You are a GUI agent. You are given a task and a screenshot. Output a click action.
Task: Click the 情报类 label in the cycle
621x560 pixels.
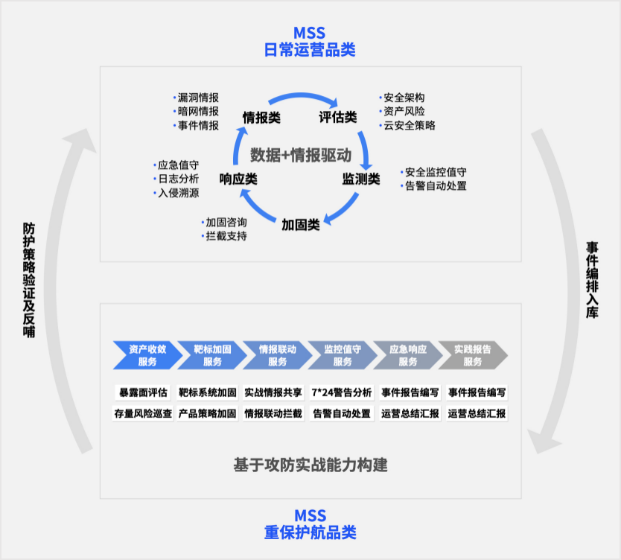point(261,118)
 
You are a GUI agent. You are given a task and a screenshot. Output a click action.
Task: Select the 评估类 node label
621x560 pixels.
point(338,118)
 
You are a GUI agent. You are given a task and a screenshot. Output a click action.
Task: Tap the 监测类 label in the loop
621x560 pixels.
point(361,179)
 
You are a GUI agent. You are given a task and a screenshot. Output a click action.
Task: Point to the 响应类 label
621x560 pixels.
point(238,179)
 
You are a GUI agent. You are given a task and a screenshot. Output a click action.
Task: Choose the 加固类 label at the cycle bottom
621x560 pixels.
point(301,224)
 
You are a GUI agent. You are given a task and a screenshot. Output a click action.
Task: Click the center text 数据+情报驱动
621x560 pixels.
point(300,155)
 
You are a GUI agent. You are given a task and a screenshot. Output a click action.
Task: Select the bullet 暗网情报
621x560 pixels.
point(197,112)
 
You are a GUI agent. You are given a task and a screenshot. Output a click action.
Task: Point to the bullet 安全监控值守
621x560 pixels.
point(436,172)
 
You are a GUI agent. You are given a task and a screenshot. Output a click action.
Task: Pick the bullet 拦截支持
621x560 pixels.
point(226,236)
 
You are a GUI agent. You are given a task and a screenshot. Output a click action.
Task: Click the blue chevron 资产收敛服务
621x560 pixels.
point(147,355)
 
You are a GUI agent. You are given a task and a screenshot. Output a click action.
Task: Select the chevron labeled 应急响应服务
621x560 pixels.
point(407,355)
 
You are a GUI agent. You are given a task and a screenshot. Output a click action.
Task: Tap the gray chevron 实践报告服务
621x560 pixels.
point(473,355)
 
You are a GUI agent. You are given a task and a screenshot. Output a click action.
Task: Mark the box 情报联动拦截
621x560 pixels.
point(274,413)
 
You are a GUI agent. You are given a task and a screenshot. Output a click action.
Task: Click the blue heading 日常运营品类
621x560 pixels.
point(310,50)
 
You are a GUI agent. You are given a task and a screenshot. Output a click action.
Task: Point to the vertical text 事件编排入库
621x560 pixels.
point(591,281)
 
